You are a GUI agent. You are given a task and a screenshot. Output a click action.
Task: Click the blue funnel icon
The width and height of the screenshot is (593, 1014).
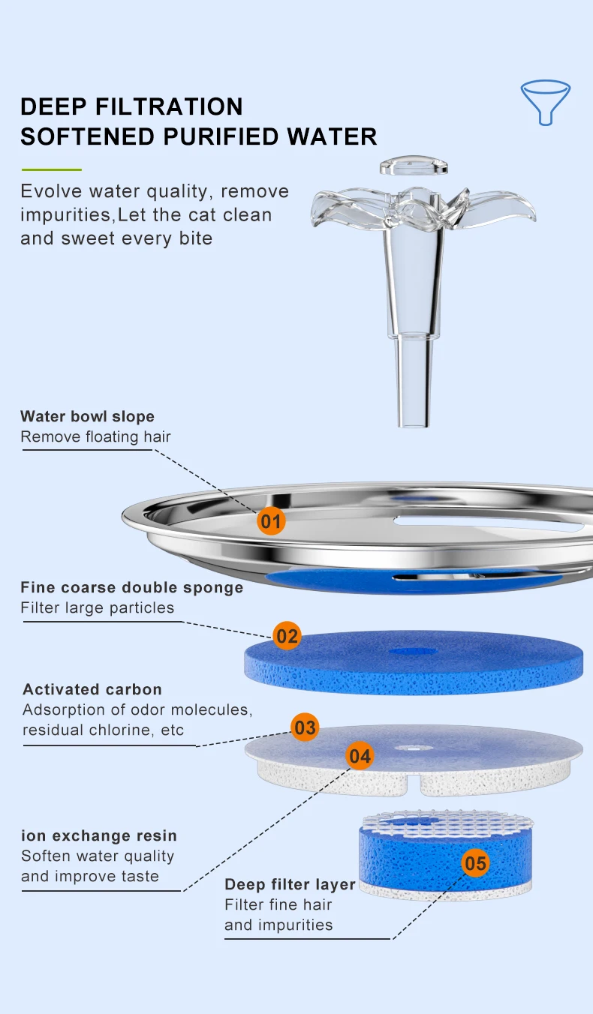tap(546, 101)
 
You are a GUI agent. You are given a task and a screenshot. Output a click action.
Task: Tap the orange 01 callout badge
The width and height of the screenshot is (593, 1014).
tap(271, 520)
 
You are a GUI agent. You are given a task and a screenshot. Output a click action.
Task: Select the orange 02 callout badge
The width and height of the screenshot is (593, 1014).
tap(287, 637)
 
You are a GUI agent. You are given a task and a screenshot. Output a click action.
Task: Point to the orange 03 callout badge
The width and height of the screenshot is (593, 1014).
tap(305, 727)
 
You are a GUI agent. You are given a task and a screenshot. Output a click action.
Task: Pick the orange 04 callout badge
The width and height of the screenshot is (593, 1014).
tap(360, 756)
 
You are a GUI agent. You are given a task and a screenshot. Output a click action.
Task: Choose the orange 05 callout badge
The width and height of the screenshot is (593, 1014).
tap(475, 863)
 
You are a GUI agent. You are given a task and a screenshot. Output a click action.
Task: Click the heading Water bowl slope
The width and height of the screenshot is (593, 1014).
tap(87, 416)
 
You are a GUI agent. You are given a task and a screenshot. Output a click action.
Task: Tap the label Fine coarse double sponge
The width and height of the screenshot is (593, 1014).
tap(132, 587)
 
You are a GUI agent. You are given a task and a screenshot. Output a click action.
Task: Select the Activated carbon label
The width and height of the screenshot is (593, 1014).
tap(92, 689)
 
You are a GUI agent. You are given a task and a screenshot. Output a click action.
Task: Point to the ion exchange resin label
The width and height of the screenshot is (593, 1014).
tap(99, 835)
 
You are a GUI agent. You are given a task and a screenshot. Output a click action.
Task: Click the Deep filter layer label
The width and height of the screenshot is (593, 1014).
tap(290, 884)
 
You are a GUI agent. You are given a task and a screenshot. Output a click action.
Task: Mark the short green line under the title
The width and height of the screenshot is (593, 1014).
tap(51, 169)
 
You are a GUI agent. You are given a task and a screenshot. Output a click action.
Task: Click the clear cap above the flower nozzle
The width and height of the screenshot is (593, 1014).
tap(414, 165)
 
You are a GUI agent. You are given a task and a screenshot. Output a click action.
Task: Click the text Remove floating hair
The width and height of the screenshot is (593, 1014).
tap(95, 436)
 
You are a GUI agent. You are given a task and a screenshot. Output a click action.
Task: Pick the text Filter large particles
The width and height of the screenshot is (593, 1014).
tap(97, 607)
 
